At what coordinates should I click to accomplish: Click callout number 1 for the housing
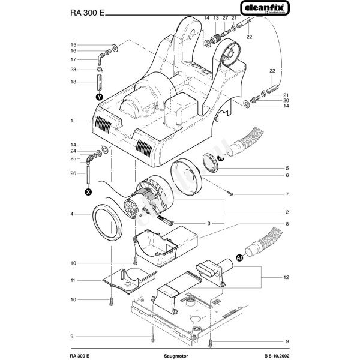tap(71, 121)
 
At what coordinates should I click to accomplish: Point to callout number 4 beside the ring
tap(71, 214)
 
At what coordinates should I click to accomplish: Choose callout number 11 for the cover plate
tap(71, 280)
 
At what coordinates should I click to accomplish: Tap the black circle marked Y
tap(99, 95)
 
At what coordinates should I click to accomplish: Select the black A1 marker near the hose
tap(239, 259)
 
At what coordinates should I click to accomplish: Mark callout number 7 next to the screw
tap(287, 194)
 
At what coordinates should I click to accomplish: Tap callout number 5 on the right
tap(287, 167)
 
